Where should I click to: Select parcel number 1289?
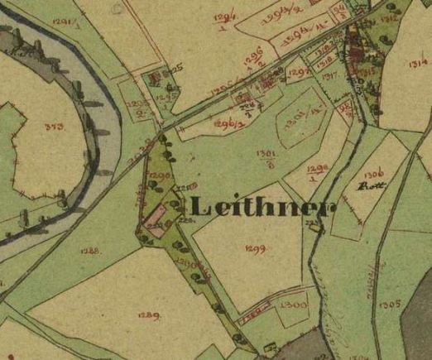tap(149, 316)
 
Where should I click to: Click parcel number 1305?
tap(391, 304)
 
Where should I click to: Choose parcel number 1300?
tap(290, 306)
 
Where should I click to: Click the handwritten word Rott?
tap(367, 187)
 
